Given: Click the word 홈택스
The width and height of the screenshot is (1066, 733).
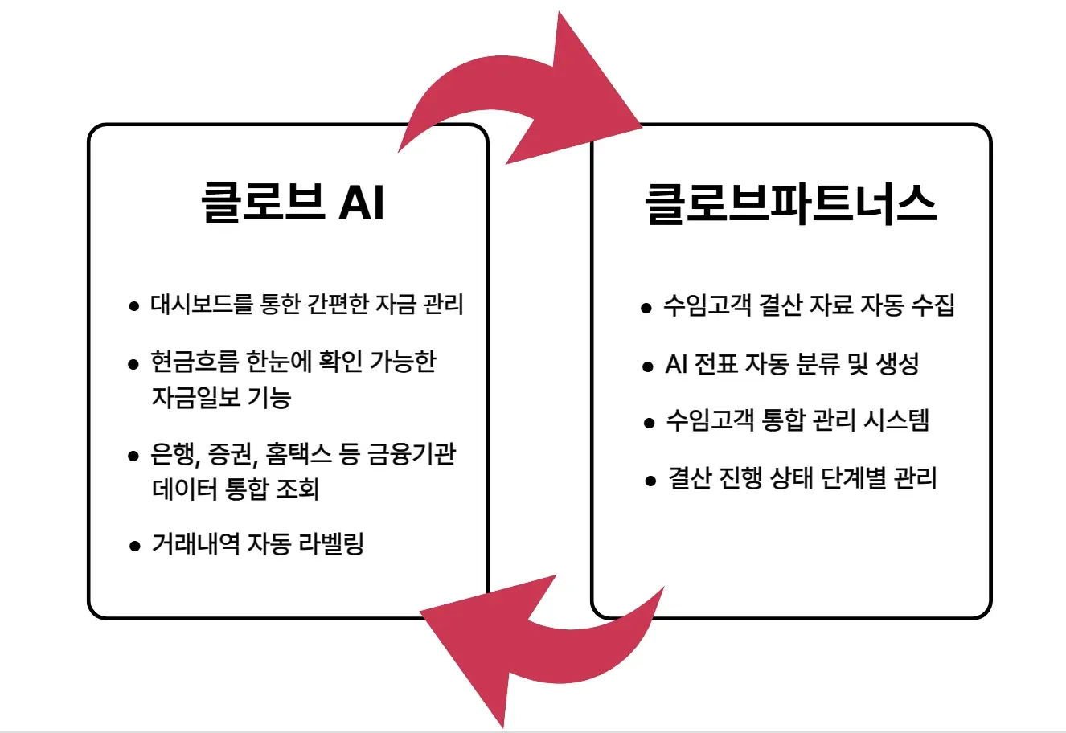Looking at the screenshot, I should click(297, 455).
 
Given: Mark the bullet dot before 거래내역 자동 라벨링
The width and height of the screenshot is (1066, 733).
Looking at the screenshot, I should click(134, 547).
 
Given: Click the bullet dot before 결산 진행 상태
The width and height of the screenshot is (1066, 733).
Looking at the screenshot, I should click(650, 481).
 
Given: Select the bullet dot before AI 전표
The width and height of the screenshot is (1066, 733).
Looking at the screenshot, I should click(648, 366).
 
